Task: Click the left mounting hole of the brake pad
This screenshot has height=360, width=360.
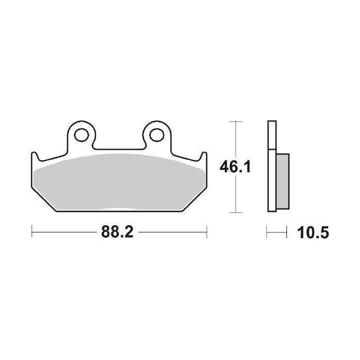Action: coord(81,135)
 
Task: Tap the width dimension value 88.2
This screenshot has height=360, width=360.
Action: coord(117,232)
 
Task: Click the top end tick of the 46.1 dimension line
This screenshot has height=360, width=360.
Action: coord(235,122)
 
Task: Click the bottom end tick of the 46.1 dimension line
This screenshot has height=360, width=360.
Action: coord(235,212)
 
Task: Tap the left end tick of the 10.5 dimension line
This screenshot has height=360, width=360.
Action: coord(267,232)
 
